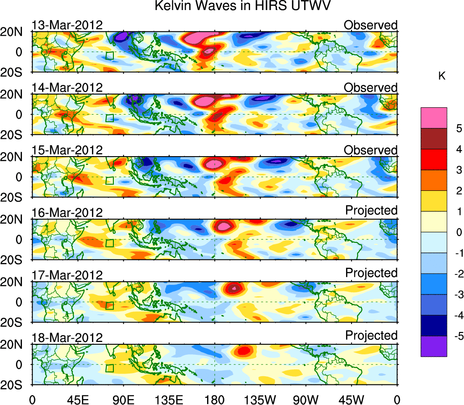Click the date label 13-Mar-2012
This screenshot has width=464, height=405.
[67, 25]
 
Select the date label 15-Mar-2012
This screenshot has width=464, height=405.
[67, 150]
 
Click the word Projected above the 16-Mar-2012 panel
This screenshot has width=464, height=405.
[371, 210]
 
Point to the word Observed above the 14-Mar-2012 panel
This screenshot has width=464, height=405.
[371, 87]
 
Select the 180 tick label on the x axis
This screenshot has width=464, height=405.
[214, 399]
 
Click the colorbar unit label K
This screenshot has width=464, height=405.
[442, 76]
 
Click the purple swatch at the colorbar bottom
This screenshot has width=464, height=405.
[433, 346]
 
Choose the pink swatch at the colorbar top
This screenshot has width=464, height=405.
[433, 118]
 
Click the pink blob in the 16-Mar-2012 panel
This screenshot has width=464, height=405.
[224, 225]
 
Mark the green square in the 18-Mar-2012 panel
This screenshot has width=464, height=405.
[109, 368]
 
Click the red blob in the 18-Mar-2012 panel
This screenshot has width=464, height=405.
[243, 351]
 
